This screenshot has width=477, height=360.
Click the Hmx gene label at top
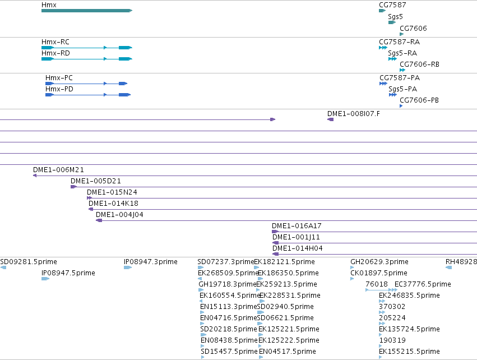point(49,5)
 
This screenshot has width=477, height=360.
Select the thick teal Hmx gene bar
point(87,11)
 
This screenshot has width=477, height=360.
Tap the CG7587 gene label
point(392,5)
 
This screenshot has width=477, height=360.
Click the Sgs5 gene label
point(395,17)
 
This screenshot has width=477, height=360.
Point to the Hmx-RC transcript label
point(55,41)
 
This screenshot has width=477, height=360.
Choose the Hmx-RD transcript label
point(55,53)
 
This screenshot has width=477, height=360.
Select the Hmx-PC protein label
point(59,78)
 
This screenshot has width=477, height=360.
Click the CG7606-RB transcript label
point(419,64)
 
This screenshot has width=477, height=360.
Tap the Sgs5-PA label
point(403,89)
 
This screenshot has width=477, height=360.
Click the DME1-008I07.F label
point(354,113)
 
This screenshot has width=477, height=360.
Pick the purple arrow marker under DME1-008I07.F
point(330,119)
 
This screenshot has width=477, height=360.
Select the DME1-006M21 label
point(58,169)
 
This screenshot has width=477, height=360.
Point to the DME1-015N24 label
point(112,192)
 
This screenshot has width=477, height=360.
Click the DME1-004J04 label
point(119,215)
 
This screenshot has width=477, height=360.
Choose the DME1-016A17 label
point(297,226)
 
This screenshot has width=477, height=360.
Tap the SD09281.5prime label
point(29,262)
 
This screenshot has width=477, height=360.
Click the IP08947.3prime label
point(151,262)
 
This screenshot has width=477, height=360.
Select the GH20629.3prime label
point(379,262)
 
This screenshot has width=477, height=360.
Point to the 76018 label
point(377,284)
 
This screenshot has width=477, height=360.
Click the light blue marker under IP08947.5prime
point(45,279)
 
